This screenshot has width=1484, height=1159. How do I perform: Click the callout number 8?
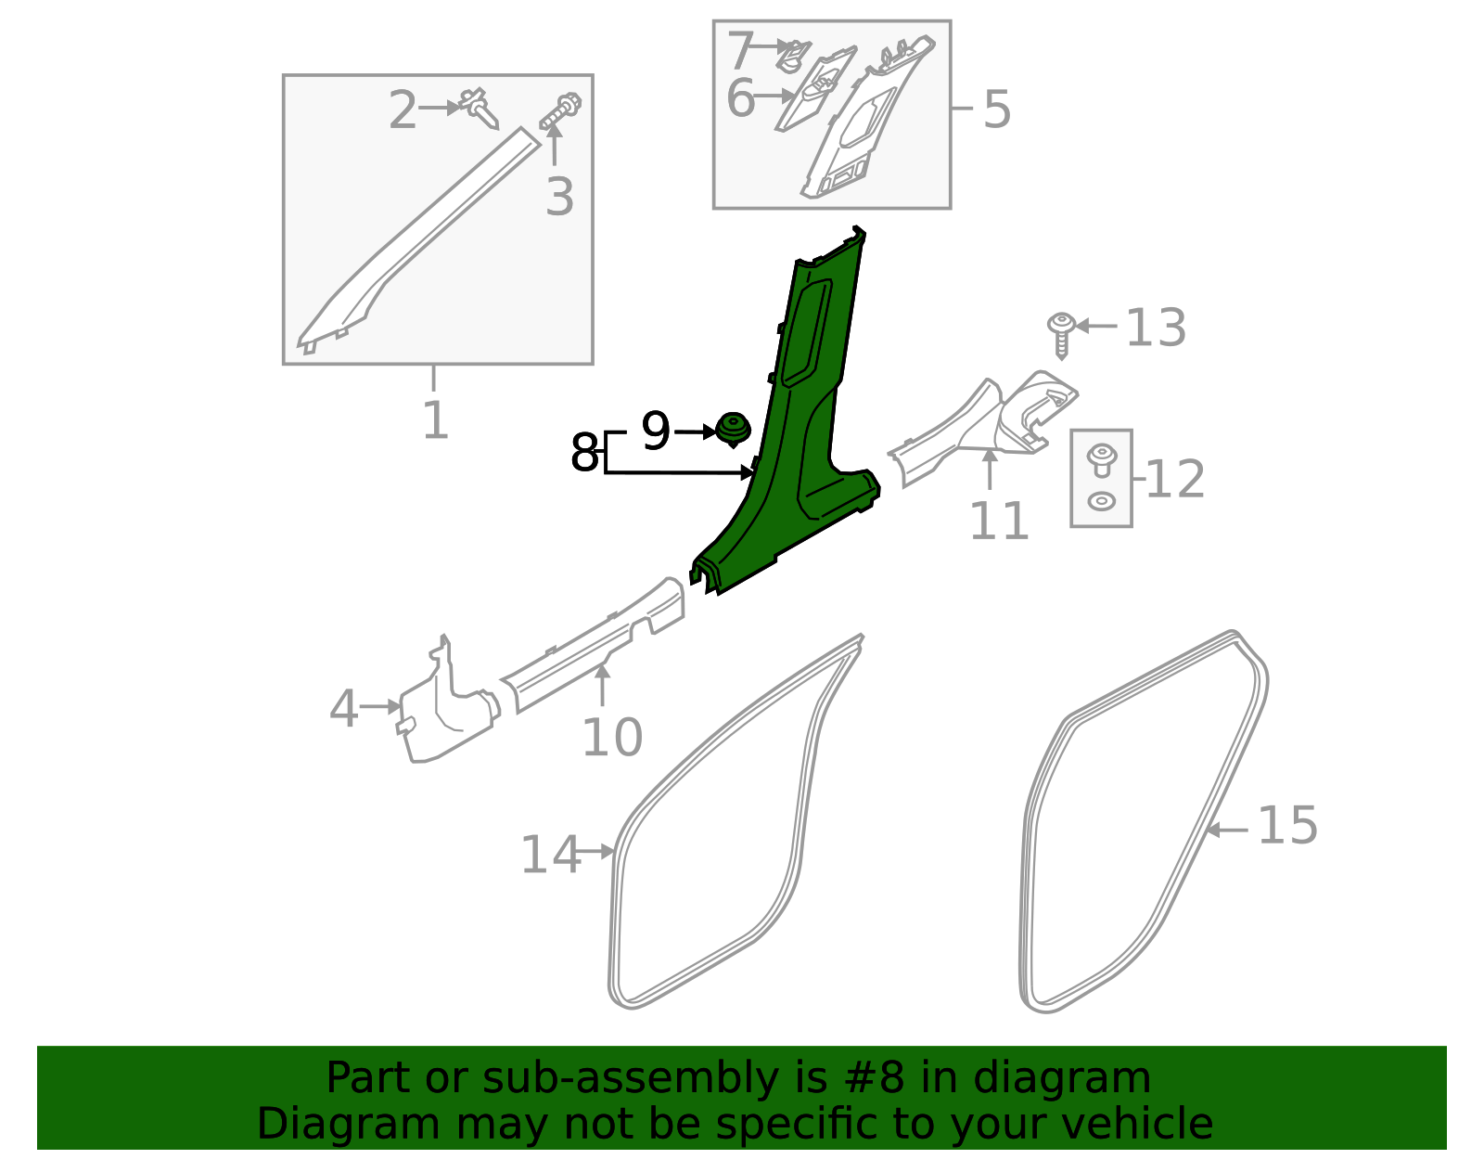click(584, 454)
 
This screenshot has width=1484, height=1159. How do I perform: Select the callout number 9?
click(656, 431)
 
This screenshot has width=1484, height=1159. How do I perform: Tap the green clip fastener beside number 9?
click(733, 430)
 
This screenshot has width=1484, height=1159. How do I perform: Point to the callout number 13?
click(1155, 328)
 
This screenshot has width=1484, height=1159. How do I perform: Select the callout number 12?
click(1175, 480)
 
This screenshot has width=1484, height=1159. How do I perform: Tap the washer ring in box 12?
click(1101, 501)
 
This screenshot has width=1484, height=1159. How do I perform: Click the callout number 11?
click(999, 522)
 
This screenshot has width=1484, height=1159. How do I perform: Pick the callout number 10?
click(611, 739)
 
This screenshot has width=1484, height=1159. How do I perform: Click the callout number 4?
click(343, 710)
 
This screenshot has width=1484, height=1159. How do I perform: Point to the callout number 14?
click(549, 855)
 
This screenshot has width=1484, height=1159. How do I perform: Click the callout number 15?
click(1287, 826)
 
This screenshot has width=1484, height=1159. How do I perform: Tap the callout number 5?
click(996, 109)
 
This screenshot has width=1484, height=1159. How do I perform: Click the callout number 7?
click(741, 50)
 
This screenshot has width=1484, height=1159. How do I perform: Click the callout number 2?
click(403, 110)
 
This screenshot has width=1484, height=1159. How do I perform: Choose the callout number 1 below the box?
click(435, 420)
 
